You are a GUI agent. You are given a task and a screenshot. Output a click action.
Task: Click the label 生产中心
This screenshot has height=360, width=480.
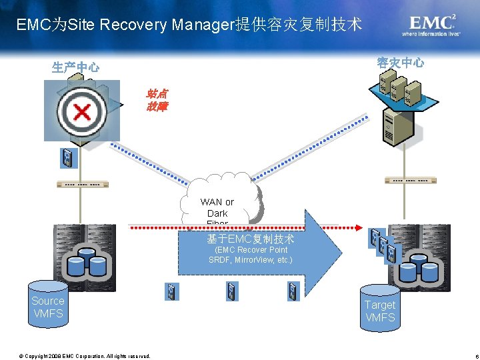click(76, 67)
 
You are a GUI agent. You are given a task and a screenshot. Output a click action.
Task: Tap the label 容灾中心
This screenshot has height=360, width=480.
click(400, 63)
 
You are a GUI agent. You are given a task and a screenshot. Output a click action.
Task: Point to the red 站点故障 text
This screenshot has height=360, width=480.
click(157, 100)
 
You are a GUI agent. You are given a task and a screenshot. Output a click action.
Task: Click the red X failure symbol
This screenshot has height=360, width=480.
click(81, 111)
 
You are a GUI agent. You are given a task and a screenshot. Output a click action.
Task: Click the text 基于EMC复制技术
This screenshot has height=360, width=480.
click(250, 239)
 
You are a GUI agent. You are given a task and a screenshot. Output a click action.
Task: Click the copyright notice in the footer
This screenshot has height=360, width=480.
click(85, 355)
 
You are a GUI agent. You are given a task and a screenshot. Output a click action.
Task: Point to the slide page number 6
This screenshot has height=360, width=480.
click(469, 355)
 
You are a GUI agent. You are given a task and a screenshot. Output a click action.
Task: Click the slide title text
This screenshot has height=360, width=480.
click(189, 25)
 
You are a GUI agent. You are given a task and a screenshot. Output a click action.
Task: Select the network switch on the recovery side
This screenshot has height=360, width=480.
click(411, 181)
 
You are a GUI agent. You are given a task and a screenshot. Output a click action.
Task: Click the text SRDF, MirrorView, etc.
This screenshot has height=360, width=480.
click(250, 260)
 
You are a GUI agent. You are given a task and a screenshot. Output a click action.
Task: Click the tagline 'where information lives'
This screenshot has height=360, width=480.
click(430, 33)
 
